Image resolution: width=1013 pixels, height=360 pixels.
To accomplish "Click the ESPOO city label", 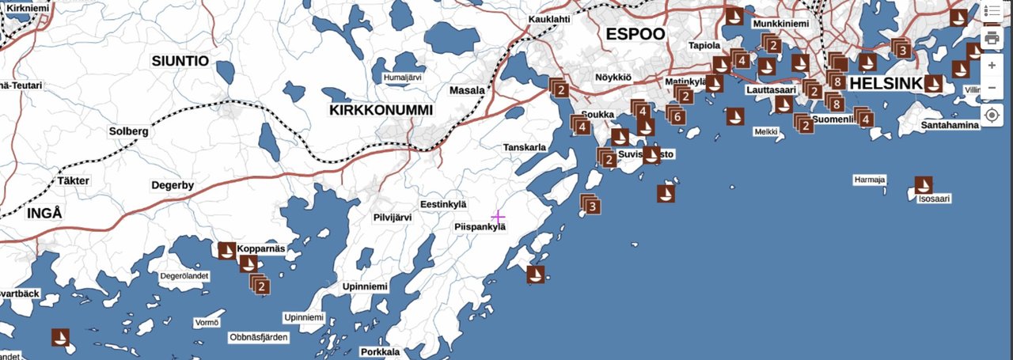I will [x=635, y=34].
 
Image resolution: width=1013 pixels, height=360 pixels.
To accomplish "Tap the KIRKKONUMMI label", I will [x=381, y=111].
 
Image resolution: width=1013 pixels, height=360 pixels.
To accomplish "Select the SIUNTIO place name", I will [x=180, y=61].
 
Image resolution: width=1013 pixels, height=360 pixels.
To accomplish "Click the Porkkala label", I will [x=380, y=352].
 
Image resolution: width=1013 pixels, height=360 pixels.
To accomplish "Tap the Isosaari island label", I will [x=934, y=199].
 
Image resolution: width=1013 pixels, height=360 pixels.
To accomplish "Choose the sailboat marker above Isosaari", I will [x=923, y=185].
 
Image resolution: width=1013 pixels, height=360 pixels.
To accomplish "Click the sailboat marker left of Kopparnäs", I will [x=227, y=251].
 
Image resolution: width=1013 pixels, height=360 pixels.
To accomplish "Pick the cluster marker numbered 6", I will [x=676, y=116].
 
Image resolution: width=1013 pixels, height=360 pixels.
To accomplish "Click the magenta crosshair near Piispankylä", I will [x=498, y=216].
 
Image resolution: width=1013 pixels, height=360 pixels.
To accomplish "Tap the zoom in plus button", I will [x=992, y=65].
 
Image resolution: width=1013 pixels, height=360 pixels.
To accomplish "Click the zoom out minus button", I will [x=992, y=87].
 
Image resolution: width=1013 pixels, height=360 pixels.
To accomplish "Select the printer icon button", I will [x=992, y=36].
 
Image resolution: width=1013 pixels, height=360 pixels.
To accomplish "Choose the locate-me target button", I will [x=992, y=116].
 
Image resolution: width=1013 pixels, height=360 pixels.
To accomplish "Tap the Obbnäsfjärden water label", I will [x=259, y=337].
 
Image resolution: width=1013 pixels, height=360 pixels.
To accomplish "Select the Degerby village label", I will [x=173, y=186].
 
